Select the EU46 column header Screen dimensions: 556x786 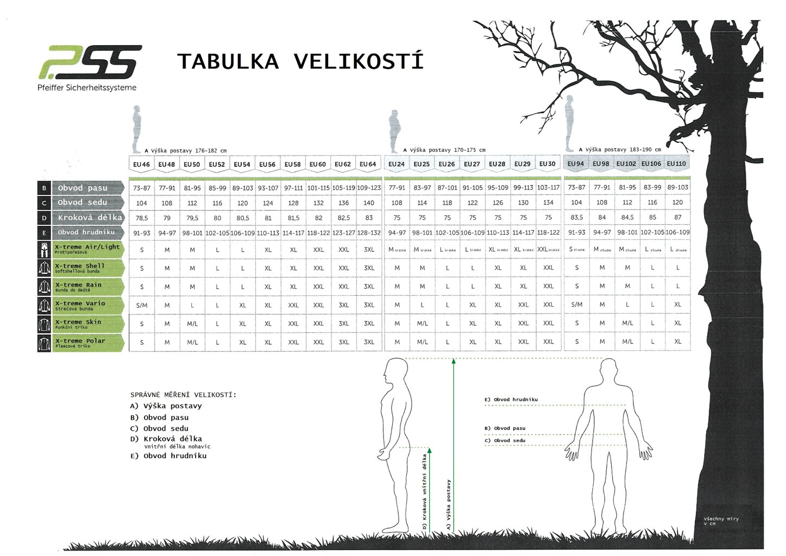click(x=141, y=165)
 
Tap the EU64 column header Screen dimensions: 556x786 click(x=368, y=165)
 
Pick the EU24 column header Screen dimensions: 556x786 click(x=397, y=165)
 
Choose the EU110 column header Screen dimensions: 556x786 click(x=676, y=164)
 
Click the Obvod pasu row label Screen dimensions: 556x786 click(x=83, y=188)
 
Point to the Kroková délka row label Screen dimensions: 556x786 click(x=90, y=217)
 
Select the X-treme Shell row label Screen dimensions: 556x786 click(x=80, y=266)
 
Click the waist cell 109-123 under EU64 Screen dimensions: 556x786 click(x=369, y=188)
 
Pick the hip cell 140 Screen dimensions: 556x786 click(x=369, y=203)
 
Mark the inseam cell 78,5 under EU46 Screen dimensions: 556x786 click(x=142, y=217)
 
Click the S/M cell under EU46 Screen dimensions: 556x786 click(x=142, y=305)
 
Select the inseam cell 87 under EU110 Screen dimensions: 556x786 click(x=677, y=217)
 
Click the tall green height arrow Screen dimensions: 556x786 click(x=454, y=445)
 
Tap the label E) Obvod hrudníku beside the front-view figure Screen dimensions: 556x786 click(x=511, y=400)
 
